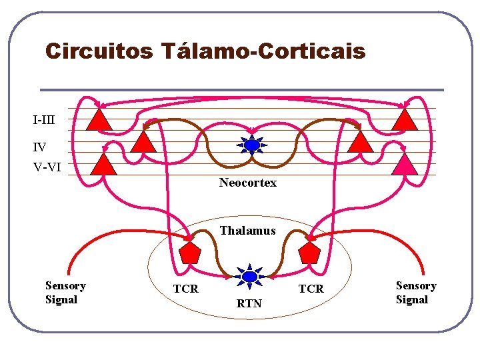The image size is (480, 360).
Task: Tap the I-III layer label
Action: pos(44,121)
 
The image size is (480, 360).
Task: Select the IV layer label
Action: pos(40,146)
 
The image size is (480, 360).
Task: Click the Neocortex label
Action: pos(248,183)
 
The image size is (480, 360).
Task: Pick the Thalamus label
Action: pos(247,231)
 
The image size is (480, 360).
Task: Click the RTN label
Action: pos(249,304)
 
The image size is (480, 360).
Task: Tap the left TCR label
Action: pos(186,289)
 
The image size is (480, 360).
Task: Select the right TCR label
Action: pos(311,289)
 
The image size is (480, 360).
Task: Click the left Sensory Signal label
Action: pos(65,293)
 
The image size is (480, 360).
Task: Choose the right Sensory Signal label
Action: pos(416,293)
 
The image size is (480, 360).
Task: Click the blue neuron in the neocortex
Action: pos(251,145)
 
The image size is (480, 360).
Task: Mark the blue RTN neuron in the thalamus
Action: pos(249,276)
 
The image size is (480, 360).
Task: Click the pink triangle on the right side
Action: pos(404,165)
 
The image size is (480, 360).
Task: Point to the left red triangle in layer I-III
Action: pos(99,120)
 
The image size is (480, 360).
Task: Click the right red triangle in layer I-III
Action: pos(404,120)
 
